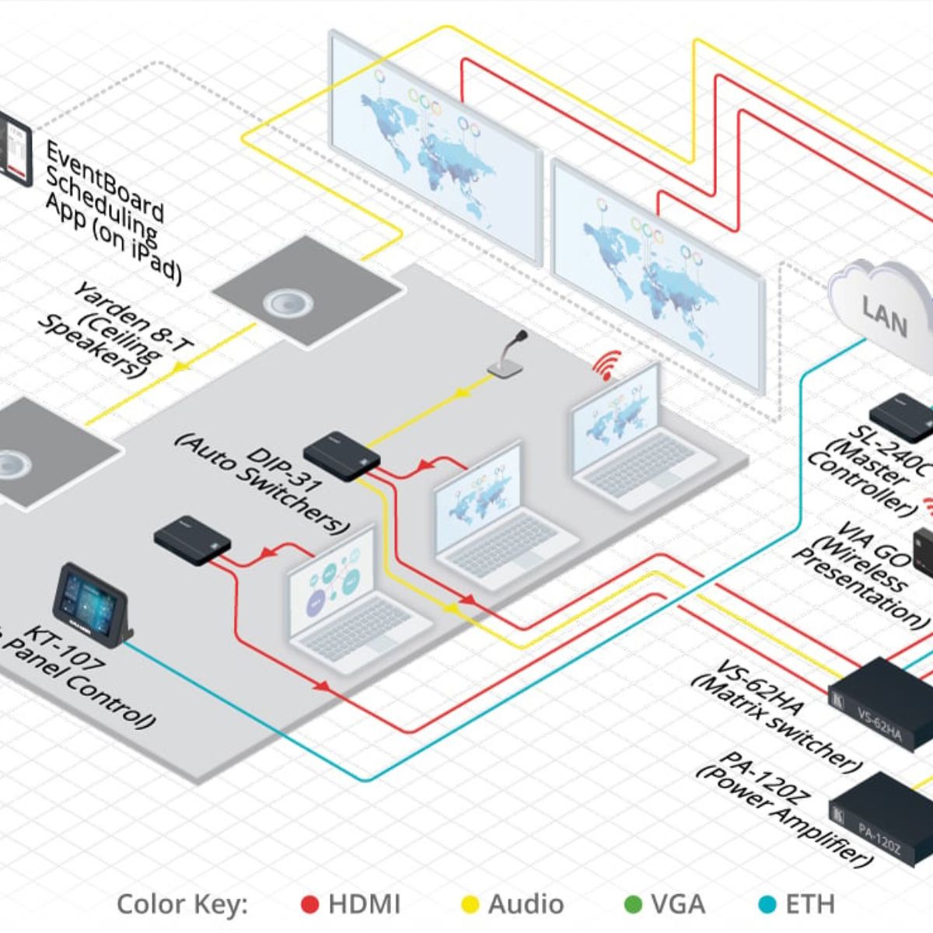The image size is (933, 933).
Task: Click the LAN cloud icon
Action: pos(882,307)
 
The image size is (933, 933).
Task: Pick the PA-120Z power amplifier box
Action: pos(882,816)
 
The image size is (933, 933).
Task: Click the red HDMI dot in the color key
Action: pos(310,904)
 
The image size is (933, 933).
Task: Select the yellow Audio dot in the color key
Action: pos(470,904)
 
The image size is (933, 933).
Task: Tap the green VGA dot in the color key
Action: pos(634,904)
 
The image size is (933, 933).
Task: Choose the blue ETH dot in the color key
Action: pos(767,904)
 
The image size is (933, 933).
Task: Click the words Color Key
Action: pos(182,904)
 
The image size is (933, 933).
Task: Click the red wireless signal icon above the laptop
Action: pos(609,365)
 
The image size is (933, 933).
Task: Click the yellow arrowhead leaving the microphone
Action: pos(460,392)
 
